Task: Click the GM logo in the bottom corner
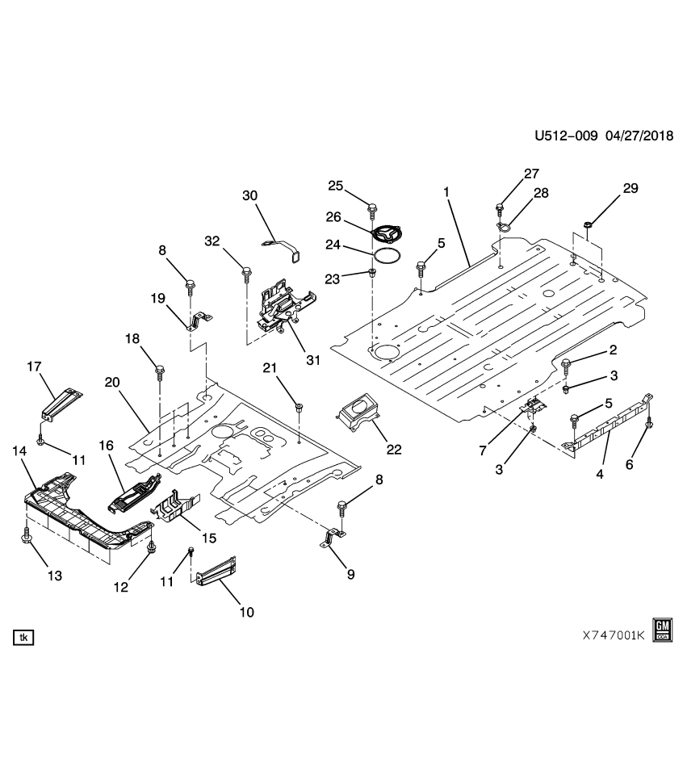pyautogui.click(x=663, y=630)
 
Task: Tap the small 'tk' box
pyautogui.click(x=23, y=638)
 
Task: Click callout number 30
pyautogui.click(x=249, y=195)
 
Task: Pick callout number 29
pyautogui.click(x=630, y=189)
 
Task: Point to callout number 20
pyautogui.click(x=111, y=383)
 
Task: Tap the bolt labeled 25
pyautogui.click(x=371, y=211)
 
